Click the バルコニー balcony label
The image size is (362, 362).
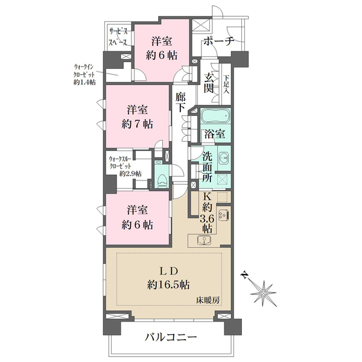(x=171, y=337)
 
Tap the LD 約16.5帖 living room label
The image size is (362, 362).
(x=169, y=278)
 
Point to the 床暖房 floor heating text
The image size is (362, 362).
(x=208, y=300)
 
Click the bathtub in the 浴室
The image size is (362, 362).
(x=215, y=115)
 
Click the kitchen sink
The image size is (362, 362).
(x=205, y=240)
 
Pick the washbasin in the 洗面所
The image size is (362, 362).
(x=223, y=158)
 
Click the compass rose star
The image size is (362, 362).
(x=263, y=293)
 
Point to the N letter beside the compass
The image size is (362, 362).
(x=245, y=275)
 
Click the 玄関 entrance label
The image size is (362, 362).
(x=209, y=83)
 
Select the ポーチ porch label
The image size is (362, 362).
(x=218, y=42)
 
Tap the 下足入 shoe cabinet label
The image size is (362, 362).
(x=226, y=84)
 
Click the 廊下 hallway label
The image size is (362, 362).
(x=180, y=102)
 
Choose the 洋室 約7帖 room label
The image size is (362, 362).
(x=137, y=117)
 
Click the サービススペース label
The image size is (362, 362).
(x=118, y=37)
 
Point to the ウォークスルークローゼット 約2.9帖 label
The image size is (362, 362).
(x=125, y=167)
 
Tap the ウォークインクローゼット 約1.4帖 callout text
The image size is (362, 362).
(x=84, y=74)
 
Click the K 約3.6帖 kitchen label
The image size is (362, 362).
(x=207, y=212)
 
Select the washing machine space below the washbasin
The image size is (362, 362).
(x=223, y=180)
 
